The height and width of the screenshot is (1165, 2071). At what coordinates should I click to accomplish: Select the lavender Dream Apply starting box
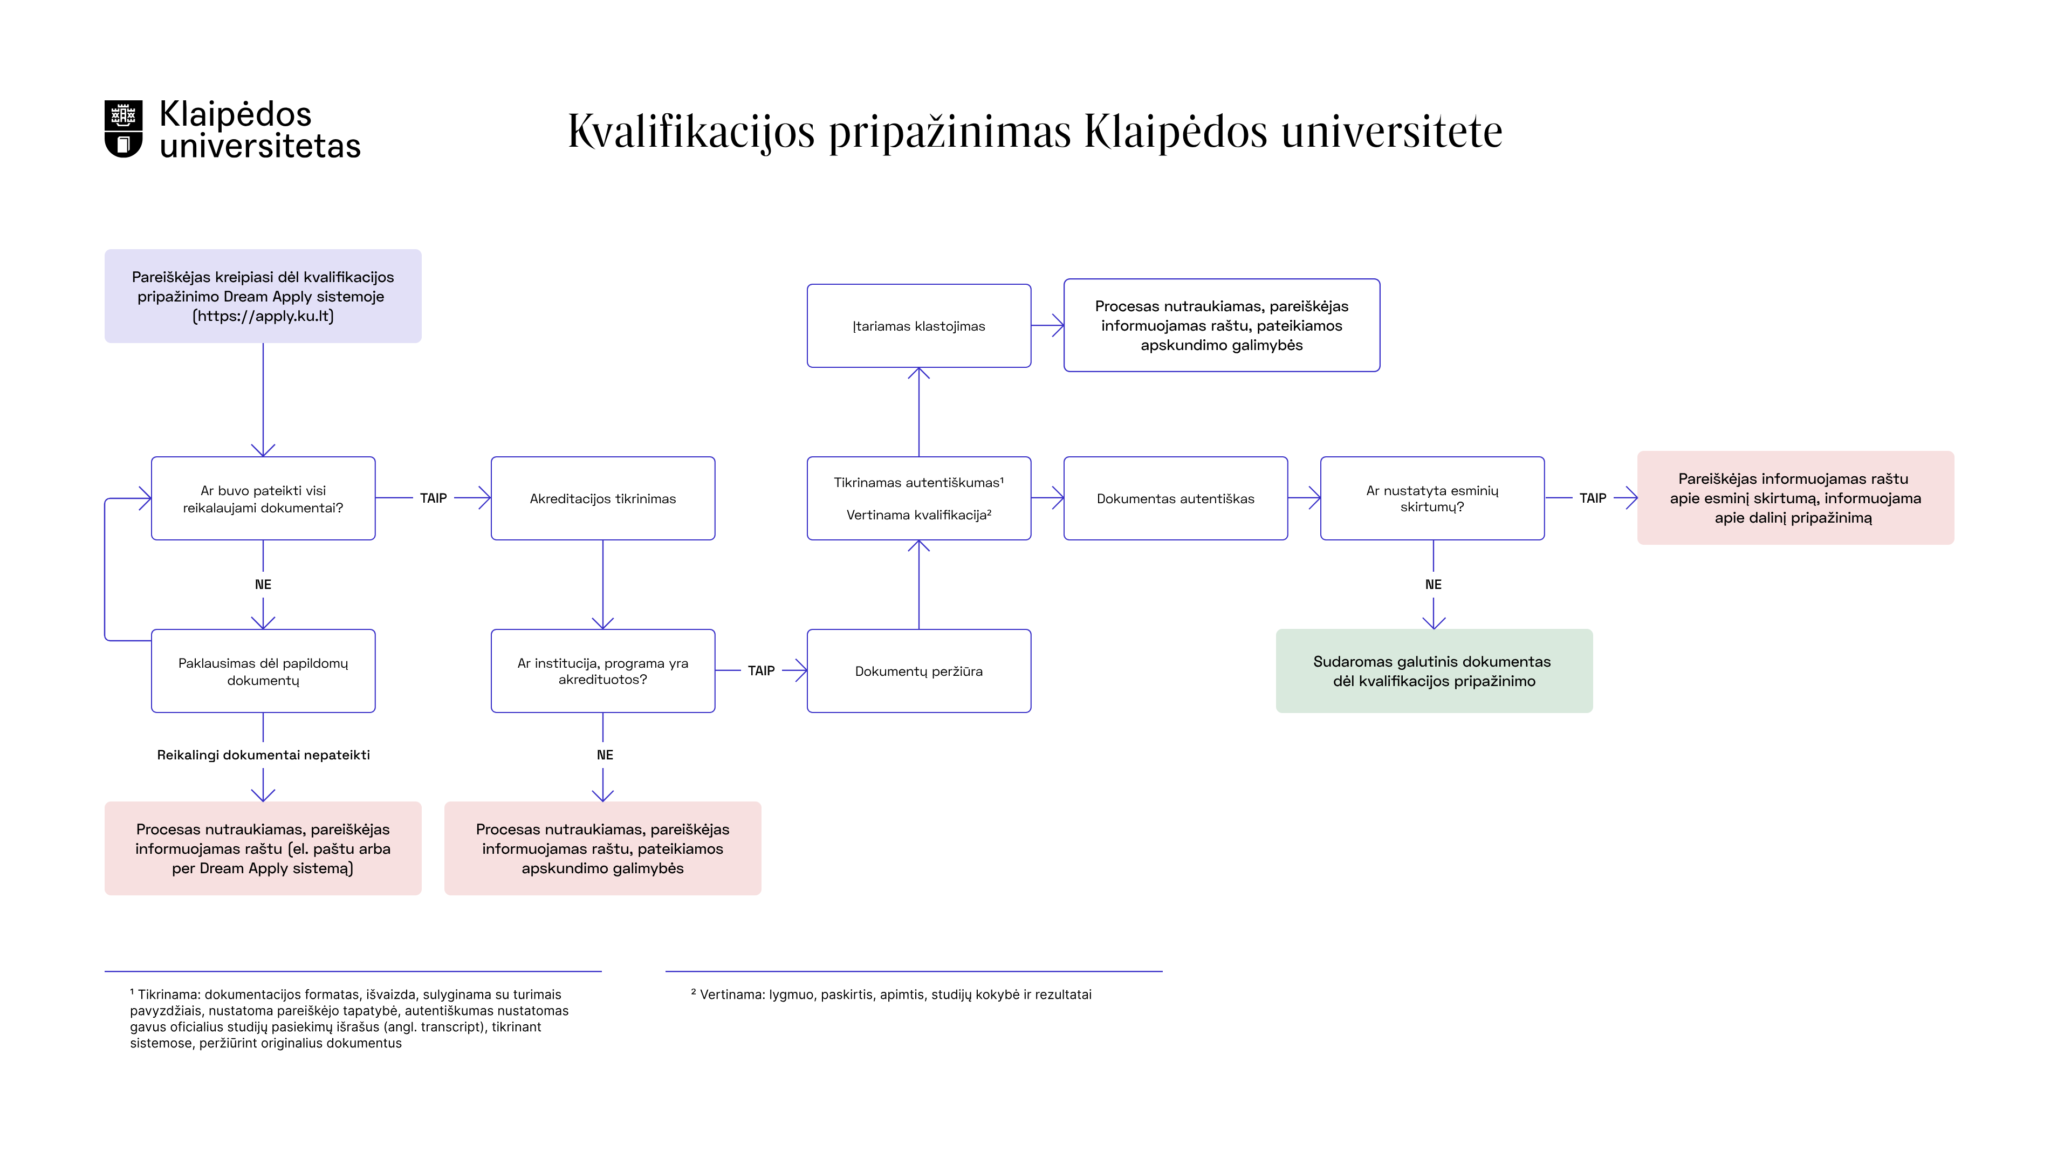click(x=263, y=296)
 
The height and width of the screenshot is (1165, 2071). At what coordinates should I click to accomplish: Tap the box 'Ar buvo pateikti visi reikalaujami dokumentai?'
click(x=263, y=498)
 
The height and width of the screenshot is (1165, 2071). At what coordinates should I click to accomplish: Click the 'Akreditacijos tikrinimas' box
click(x=602, y=498)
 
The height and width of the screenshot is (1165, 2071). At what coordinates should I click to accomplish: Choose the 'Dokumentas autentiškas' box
click(x=1175, y=498)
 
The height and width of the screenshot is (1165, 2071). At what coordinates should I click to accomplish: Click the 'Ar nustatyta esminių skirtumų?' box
click(x=1432, y=498)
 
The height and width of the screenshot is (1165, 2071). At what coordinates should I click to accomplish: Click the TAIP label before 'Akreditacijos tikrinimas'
click(x=433, y=498)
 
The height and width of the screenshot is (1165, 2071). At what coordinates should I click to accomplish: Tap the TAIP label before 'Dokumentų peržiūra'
click(x=760, y=670)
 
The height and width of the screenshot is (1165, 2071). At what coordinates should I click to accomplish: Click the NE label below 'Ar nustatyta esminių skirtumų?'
click(x=1432, y=585)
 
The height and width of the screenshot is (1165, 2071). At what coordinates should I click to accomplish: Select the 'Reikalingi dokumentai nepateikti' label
click(x=263, y=755)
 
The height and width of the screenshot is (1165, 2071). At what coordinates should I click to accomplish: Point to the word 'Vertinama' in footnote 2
click(x=732, y=995)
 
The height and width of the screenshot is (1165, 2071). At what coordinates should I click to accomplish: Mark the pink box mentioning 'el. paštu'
click(x=263, y=848)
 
